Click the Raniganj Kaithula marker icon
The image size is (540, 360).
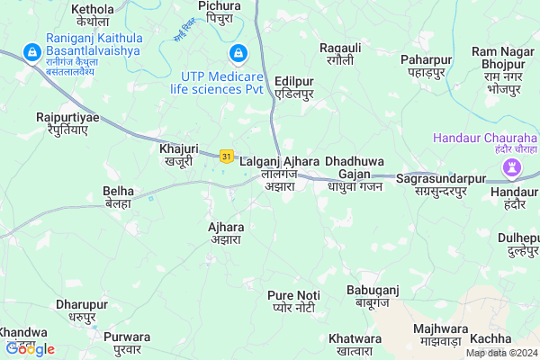coord(32,50)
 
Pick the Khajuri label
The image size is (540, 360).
coord(178,154)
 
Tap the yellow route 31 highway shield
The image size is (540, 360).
coord(228,157)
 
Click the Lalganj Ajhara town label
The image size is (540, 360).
coord(280,167)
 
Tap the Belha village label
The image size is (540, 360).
coord(119,197)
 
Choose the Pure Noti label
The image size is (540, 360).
coord(294,301)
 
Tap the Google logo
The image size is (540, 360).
coord(30,349)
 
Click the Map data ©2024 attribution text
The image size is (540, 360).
coord(501,353)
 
